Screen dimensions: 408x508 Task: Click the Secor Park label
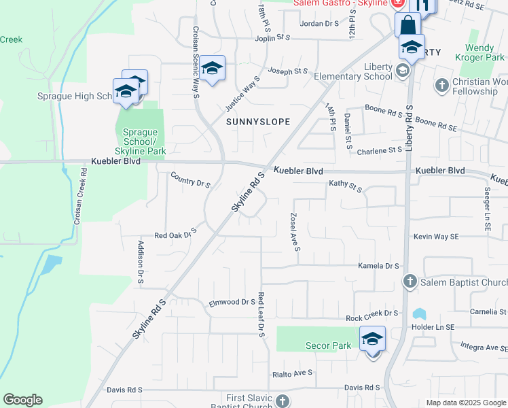click(x=328, y=345)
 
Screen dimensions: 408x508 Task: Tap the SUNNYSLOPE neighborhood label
click(x=258, y=122)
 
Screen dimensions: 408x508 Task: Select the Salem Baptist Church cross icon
click(x=410, y=282)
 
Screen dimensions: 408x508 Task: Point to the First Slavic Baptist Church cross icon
click(x=283, y=401)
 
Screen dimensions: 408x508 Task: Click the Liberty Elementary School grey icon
click(x=403, y=71)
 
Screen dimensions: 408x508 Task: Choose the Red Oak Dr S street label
click(x=175, y=235)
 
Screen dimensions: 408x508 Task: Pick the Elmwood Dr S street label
click(x=232, y=303)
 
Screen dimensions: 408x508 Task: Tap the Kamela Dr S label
click(x=378, y=266)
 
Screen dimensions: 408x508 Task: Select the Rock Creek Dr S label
click(x=371, y=313)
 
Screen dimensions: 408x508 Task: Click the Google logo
click(x=22, y=400)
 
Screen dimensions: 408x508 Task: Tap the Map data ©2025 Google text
click(x=465, y=403)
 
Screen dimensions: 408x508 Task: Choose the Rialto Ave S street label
click(x=292, y=373)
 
